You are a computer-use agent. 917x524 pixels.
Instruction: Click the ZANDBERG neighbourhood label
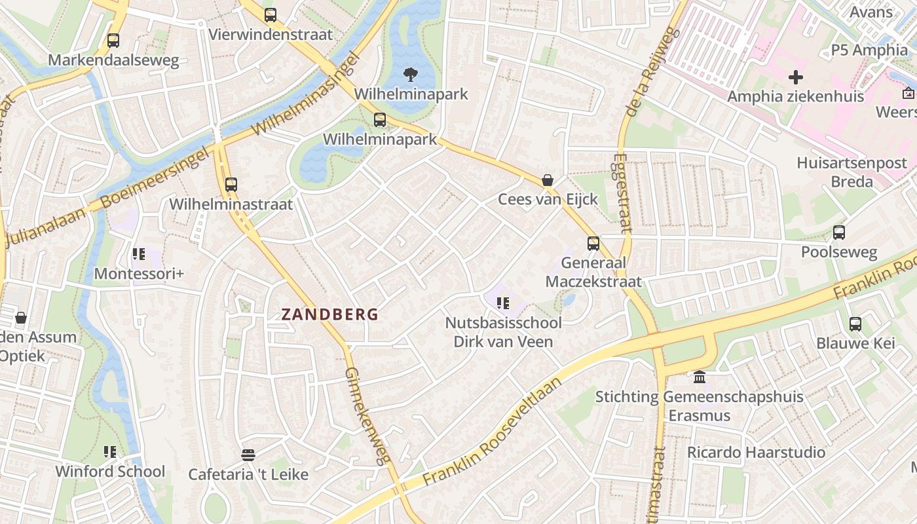point(330,314)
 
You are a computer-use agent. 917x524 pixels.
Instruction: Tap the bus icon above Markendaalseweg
point(113,41)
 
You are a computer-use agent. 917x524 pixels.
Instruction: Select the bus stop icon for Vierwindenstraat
point(270,15)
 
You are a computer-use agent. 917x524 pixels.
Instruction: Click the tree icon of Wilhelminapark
point(411,75)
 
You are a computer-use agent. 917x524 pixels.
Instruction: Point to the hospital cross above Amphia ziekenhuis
point(796,77)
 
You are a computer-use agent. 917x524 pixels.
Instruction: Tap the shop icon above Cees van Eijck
point(548,180)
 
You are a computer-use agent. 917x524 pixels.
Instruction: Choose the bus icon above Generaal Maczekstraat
point(593,244)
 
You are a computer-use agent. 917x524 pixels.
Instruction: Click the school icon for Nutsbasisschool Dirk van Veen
point(503,303)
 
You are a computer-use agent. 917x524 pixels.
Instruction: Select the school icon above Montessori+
point(138,254)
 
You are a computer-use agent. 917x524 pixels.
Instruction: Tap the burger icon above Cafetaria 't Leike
point(248,455)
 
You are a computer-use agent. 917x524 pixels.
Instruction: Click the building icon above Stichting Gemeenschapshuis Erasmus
point(699,377)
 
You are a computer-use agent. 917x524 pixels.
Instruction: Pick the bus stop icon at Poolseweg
point(839,233)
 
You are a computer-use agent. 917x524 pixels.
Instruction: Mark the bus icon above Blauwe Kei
point(855,324)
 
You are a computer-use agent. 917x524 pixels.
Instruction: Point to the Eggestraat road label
point(623,193)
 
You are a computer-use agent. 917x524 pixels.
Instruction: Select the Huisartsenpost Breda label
point(851,172)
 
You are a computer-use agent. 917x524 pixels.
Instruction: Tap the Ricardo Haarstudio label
point(756,453)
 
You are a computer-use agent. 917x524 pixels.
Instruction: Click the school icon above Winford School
point(110,452)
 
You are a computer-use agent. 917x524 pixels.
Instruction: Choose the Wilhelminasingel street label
point(307,95)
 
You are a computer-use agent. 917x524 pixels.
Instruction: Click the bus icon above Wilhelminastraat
point(231,185)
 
